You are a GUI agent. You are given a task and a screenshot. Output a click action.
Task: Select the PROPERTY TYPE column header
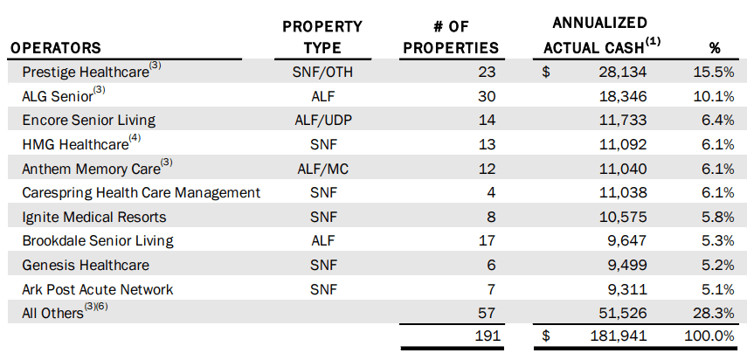322,38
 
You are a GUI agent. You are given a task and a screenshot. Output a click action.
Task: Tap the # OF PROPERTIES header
450,38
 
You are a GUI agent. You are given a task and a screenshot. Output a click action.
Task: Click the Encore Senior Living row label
83,120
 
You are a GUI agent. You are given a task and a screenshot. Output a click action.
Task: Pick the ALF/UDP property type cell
322,120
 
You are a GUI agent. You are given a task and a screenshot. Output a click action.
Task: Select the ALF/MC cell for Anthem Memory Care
322,169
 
